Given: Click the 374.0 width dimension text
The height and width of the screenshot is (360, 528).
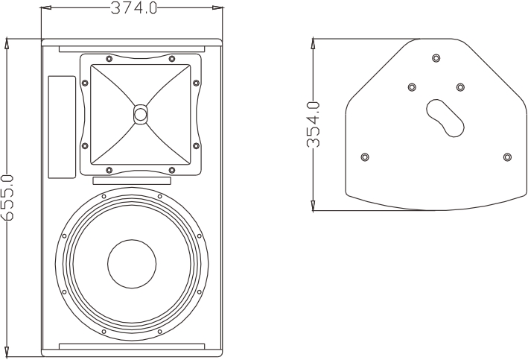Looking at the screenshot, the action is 134,7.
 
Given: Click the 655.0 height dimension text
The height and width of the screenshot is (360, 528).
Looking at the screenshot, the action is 7,198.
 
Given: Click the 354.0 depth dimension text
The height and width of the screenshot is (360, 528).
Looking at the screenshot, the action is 314,124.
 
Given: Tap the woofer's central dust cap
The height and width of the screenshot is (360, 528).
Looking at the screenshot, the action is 132,264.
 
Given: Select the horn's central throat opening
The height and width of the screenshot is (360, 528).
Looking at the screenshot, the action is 140,114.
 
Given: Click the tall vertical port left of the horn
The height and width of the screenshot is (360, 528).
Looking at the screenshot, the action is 62,127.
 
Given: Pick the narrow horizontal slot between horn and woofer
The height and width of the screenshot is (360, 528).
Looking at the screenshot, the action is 132,180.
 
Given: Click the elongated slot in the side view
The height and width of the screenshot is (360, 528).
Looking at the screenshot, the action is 445,118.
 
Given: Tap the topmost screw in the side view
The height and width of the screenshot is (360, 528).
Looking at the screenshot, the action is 436,58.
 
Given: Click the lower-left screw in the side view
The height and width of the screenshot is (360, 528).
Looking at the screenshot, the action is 365,157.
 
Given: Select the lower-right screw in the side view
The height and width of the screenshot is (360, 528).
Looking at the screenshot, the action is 507,157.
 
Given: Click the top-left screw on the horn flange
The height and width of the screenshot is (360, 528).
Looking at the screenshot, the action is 109,59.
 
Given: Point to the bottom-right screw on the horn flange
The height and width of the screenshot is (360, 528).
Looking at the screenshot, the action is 172,170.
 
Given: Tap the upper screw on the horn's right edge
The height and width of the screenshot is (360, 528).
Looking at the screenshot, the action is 196,83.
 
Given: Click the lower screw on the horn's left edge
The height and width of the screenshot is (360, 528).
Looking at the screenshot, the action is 85,146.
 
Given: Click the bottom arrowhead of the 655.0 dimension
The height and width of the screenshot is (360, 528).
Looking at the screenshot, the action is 7,350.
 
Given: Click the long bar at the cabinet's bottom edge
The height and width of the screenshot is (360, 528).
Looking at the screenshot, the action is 132,347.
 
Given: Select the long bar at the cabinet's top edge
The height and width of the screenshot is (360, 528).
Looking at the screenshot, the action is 132,49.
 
